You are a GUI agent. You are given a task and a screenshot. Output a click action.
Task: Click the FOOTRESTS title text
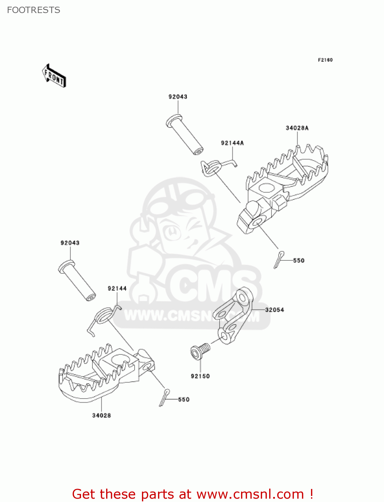(33, 10)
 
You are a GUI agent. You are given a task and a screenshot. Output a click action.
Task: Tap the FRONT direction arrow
(54, 76)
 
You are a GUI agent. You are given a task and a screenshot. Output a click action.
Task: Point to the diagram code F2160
(325, 60)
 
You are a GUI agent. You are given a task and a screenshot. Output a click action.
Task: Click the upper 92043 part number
(178, 97)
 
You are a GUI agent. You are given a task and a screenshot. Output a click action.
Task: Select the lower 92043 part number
(70, 243)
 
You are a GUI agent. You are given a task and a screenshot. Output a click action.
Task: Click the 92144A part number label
(232, 143)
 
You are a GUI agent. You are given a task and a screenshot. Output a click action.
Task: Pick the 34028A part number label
(297, 128)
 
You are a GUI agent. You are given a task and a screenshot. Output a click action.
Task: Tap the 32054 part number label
(275, 310)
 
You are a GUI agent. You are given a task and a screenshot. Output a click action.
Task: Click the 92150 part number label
(200, 376)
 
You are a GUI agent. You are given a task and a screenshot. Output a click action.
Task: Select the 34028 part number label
(101, 415)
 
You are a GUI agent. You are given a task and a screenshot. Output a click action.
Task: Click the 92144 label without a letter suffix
(117, 288)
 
